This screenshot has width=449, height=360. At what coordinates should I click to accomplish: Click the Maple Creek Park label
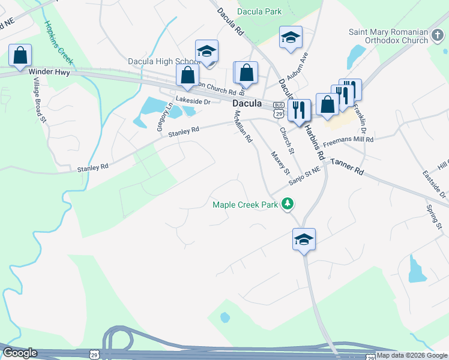[246, 205]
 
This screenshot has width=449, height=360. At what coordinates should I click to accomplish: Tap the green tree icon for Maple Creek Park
[288, 204]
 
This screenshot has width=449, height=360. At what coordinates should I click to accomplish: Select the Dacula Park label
[259, 11]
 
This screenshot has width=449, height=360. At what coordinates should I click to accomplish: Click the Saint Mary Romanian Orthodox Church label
[389, 36]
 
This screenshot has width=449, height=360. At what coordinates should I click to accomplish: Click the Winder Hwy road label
[49, 72]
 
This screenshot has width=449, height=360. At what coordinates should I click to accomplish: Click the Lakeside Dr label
[193, 101]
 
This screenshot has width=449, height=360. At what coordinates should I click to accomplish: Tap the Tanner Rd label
[347, 166]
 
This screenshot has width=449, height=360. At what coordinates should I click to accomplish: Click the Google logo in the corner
[20, 353]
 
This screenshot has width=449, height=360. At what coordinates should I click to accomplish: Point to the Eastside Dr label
[442, 187]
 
